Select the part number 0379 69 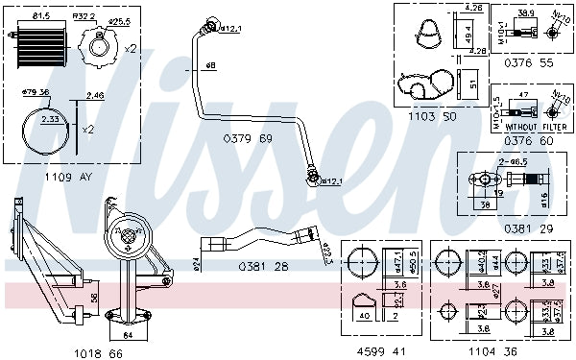248,139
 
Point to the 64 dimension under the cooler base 128,336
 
